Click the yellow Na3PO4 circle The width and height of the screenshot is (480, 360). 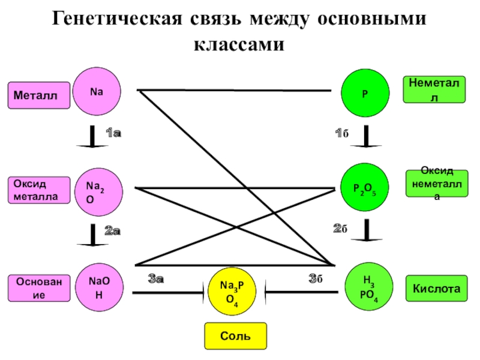point(230,290)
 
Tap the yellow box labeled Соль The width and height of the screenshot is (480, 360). point(235,336)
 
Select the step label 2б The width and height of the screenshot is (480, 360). point(341,229)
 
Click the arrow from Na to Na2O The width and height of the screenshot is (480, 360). point(92,138)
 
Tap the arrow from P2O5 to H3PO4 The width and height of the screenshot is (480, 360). point(366,231)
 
